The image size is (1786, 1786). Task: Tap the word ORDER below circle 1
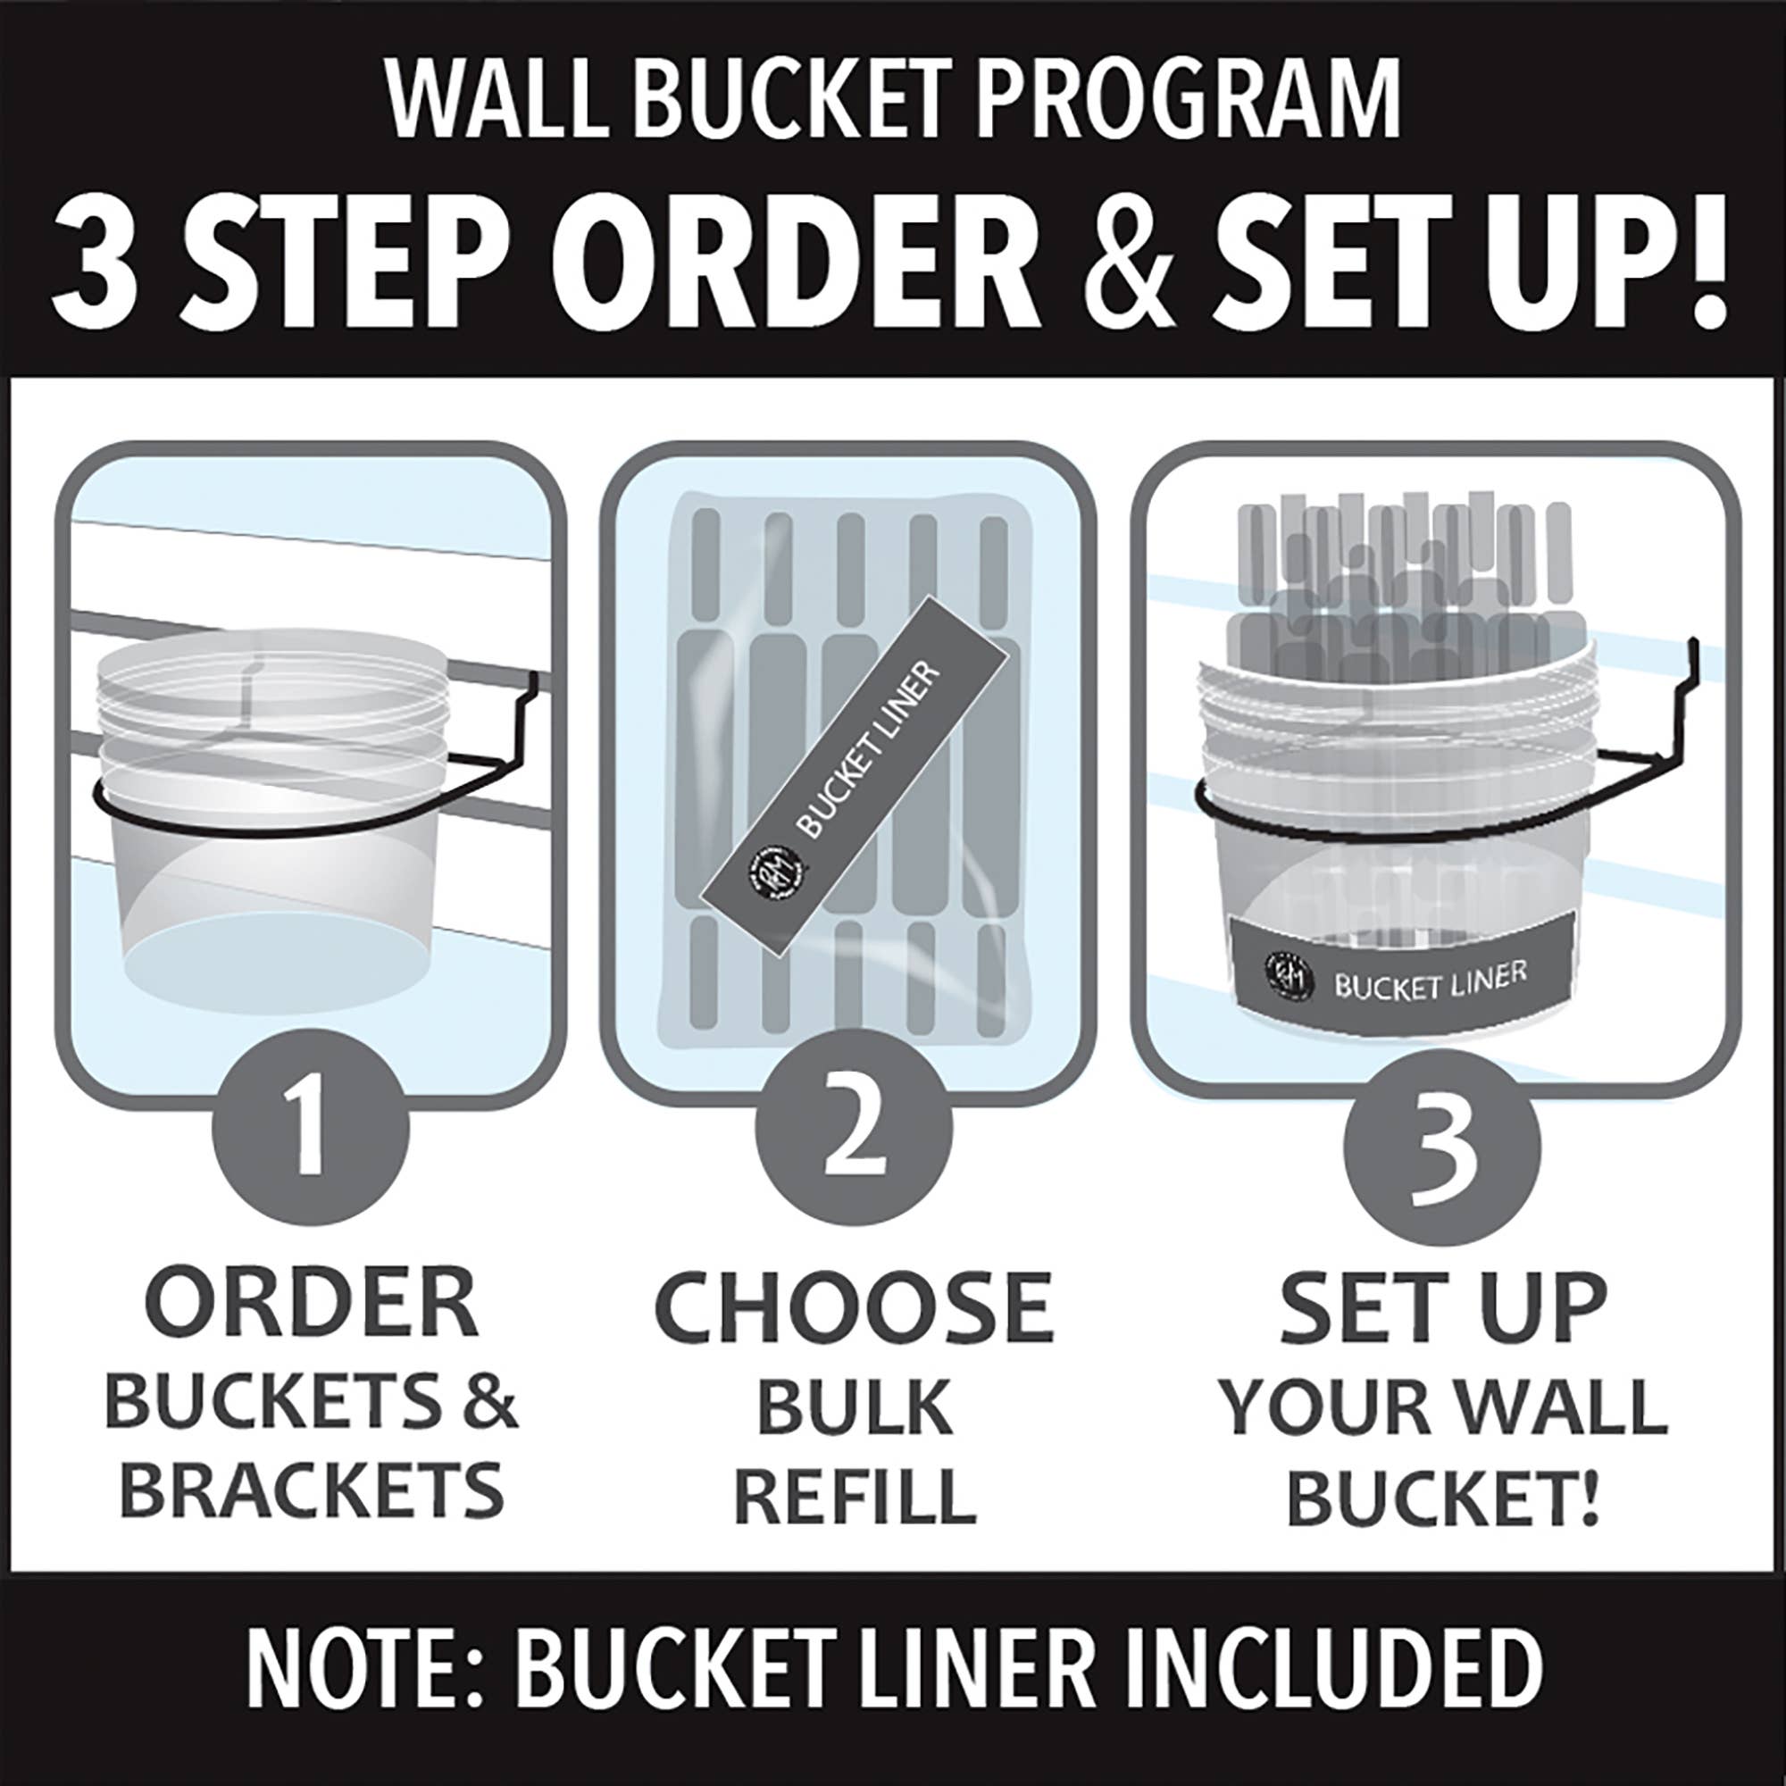[312, 1303]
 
